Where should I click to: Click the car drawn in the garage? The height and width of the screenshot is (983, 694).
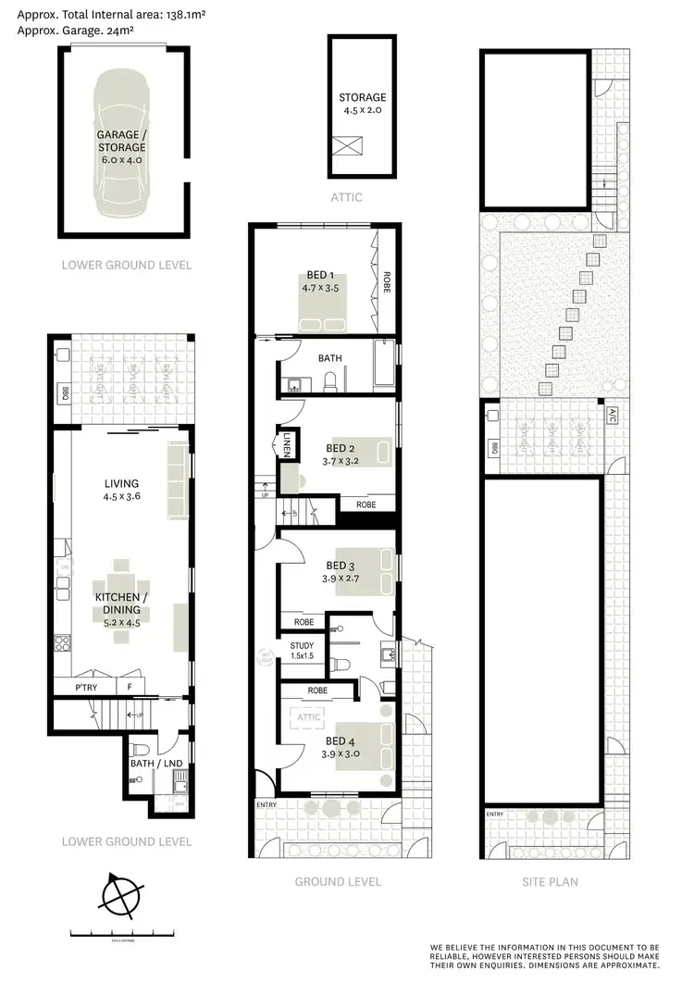(x=122, y=141)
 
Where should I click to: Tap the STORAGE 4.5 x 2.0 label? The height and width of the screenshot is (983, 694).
(x=362, y=104)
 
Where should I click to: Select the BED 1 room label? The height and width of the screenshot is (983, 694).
(x=321, y=280)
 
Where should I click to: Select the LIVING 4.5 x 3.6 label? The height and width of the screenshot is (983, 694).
(x=121, y=490)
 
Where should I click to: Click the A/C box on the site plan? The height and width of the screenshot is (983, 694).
(x=612, y=417)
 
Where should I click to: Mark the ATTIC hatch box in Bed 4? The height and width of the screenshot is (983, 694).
(x=308, y=716)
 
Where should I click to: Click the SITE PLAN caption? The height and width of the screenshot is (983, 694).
(x=550, y=882)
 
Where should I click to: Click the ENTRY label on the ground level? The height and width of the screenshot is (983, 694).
(x=266, y=805)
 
